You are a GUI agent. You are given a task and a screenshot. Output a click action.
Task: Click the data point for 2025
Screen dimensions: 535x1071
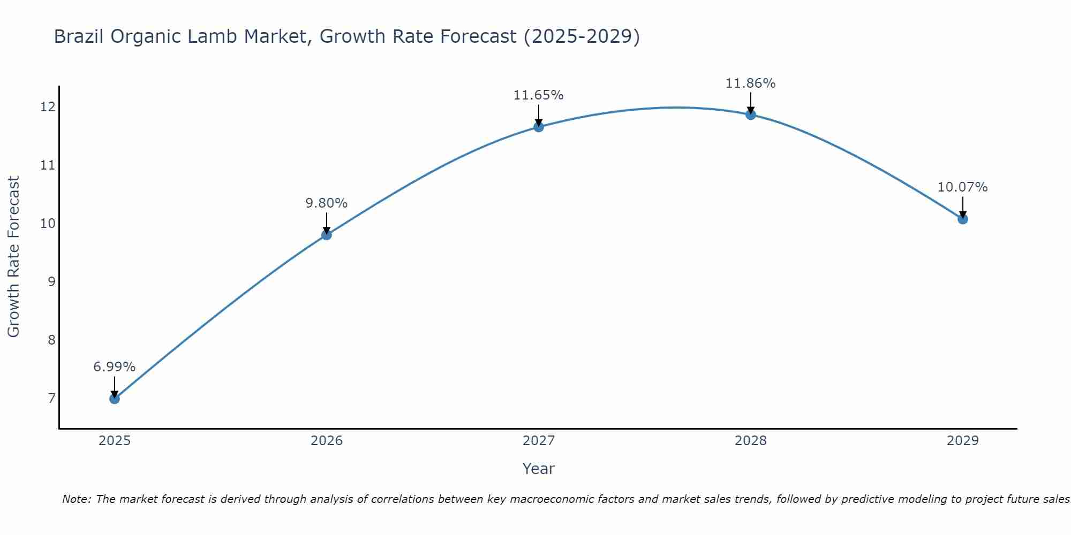pyautogui.click(x=114, y=399)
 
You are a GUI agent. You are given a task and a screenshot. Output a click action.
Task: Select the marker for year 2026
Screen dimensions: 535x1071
pyautogui.click(x=326, y=234)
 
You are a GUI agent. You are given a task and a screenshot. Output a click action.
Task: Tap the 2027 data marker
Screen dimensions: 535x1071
pyautogui.click(x=538, y=127)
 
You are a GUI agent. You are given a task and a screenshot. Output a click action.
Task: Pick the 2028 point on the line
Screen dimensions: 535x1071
pyautogui.click(x=750, y=114)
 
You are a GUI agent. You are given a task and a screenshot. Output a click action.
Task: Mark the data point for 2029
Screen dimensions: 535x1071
pyautogui.click(x=962, y=219)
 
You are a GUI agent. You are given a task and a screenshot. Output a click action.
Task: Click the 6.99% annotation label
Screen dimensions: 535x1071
pyautogui.click(x=114, y=367)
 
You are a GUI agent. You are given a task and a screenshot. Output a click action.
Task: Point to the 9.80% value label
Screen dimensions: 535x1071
pyautogui.click(x=326, y=203)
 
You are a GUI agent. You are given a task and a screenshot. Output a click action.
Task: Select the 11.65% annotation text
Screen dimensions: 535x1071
pyautogui.click(x=538, y=95)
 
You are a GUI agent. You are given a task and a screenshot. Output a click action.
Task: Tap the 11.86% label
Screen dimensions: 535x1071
pyautogui.click(x=750, y=83)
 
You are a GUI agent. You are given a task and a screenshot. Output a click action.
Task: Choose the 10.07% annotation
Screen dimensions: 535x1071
pyautogui.click(x=962, y=187)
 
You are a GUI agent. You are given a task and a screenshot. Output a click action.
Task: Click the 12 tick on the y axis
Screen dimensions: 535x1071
pyautogui.click(x=48, y=107)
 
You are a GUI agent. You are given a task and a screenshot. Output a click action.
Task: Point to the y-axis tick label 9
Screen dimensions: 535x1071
pyautogui.click(x=51, y=281)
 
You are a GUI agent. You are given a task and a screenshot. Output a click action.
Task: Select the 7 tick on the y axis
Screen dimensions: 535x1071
pyautogui.click(x=51, y=398)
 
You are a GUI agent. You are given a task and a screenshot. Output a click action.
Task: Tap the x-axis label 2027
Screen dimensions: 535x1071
pyautogui.click(x=538, y=441)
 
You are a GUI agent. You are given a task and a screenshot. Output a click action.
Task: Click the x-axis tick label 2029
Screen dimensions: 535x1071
pyautogui.click(x=962, y=441)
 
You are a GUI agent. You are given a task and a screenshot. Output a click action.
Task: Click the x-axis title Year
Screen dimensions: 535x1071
pyautogui.click(x=538, y=469)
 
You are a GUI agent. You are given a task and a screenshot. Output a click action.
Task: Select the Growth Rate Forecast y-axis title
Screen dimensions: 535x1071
pyautogui.click(x=13, y=256)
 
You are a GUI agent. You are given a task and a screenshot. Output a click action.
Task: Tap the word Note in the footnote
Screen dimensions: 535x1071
pyautogui.click(x=77, y=499)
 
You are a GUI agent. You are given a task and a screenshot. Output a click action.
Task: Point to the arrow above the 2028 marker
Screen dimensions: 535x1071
pyautogui.click(x=750, y=102)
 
